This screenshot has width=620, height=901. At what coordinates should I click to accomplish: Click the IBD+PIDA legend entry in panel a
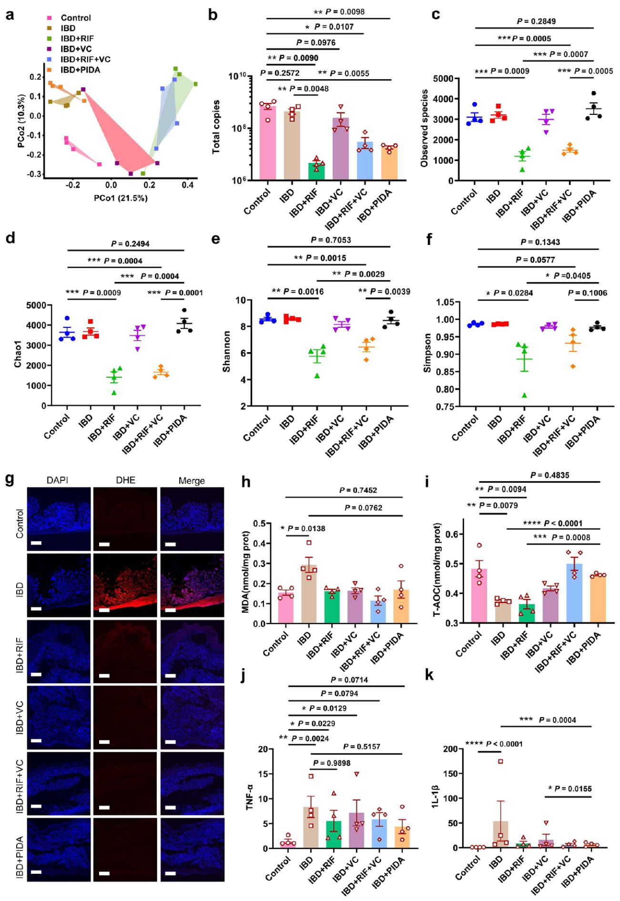pos(80,70)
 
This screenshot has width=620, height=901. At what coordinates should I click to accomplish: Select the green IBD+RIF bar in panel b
pos(316,171)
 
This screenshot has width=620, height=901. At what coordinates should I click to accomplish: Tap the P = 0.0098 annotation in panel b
pos(339,11)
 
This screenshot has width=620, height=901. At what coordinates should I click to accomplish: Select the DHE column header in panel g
pos(125,480)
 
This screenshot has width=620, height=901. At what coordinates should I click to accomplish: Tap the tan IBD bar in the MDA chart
pos(309,594)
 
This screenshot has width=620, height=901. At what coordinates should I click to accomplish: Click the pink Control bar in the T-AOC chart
pos(479,596)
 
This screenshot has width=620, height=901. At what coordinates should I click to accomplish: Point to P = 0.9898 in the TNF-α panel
pos(332,763)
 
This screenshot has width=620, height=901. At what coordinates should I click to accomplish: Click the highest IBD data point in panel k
pos(500,761)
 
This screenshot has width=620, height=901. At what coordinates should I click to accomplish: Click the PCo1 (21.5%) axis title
pos(121,198)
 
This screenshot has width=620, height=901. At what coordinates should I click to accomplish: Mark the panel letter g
pos(10,479)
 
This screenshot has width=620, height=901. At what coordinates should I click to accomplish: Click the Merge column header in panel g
pos(192,481)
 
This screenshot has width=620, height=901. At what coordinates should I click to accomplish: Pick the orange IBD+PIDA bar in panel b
pos(389,162)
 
